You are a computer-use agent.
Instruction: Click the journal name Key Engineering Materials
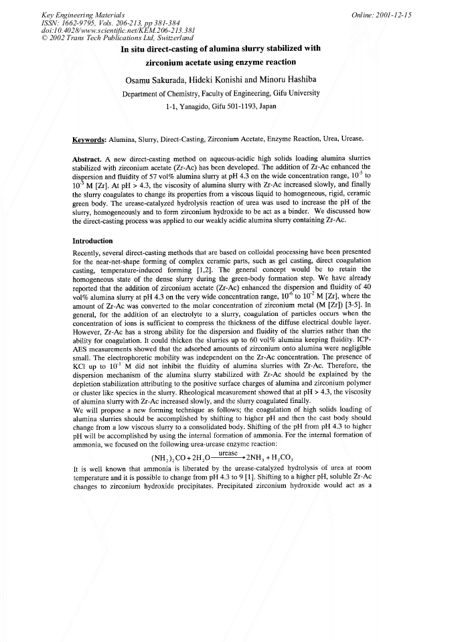pos(77,14)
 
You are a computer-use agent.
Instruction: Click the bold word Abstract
pos(86,159)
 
